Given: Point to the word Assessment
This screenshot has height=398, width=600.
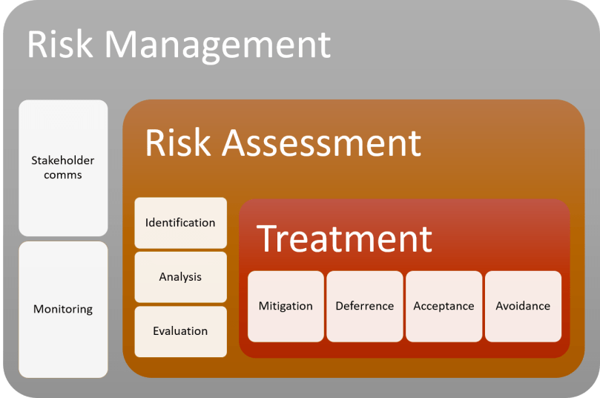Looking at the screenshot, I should pyautogui.click(x=323, y=143).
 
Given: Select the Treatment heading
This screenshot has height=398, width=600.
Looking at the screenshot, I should pyautogui.click(x=344, y=238).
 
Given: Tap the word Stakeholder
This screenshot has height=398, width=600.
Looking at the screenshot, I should pyautogui.click(x=63, y=160).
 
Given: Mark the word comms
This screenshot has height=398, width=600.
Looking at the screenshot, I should pyautogui.click(x=63, y=175).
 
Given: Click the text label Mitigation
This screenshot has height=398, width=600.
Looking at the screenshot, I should pyautogui.click(x=286, y=306).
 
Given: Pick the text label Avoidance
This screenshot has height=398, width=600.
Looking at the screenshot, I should pyautogui.click(x=523, y=306).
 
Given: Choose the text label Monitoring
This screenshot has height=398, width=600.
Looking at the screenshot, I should pyautogui.click(x=63, y=309).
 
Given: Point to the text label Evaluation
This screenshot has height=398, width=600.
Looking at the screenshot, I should pyautogui.click(x=180, y=331).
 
